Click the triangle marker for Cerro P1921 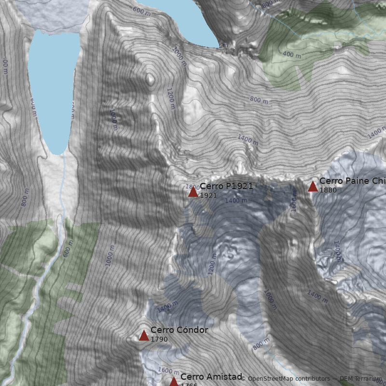pos(193,192)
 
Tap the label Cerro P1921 pos(226,186)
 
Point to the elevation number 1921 pos(208,195)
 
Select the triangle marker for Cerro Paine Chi pos(313,186)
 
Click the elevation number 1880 pos(328,190)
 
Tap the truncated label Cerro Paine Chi pos(352,181)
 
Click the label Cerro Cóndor pos(179,330)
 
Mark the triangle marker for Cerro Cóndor pos(144,335)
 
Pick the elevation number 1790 pos(159,339)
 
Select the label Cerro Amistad pos(211,377)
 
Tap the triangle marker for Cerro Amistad pos(174,382)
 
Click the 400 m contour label pos(291,55)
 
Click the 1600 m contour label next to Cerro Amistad pos(168,371)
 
